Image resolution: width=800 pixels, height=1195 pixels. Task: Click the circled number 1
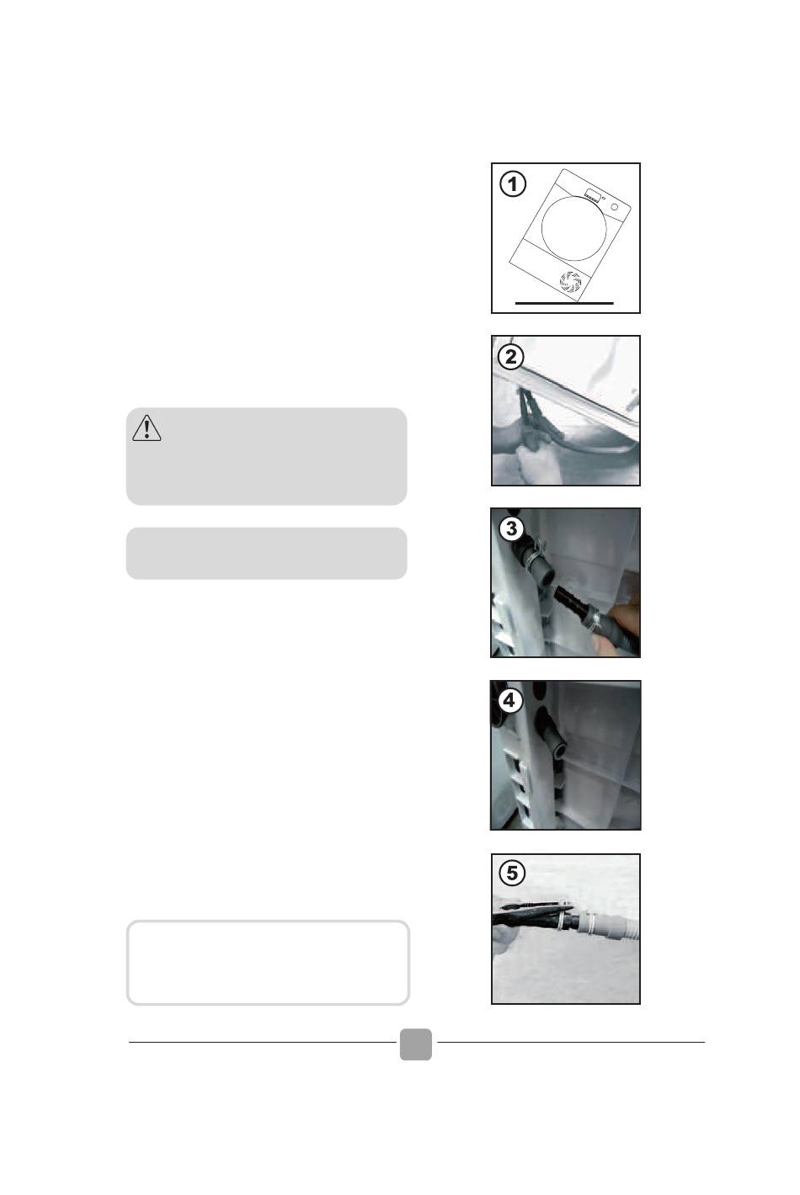coord(512,184)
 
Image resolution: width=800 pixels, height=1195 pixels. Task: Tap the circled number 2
coord(511,357)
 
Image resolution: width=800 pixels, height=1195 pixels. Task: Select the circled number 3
coord(511,528)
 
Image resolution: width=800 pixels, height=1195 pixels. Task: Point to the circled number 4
coord(509,700)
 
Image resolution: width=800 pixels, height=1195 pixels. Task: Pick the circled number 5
coord(512,874)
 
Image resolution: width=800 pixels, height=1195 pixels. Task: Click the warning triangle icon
coord(147,429)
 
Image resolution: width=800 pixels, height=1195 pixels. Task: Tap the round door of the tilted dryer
coord(573,228)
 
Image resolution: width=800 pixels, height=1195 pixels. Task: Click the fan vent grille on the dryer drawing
coord(570,282)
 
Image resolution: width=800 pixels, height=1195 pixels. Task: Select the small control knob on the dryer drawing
coord(614,207)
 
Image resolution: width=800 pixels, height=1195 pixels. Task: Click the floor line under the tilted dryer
coord(564,303)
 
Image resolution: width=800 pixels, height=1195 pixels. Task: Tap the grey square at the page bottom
coord(416,1044)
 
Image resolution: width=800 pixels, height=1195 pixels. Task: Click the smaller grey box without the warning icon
coord(266,553)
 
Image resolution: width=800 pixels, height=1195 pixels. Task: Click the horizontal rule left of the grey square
coord(262,1042)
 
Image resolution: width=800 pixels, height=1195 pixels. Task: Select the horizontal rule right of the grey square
coord(571,1042)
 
